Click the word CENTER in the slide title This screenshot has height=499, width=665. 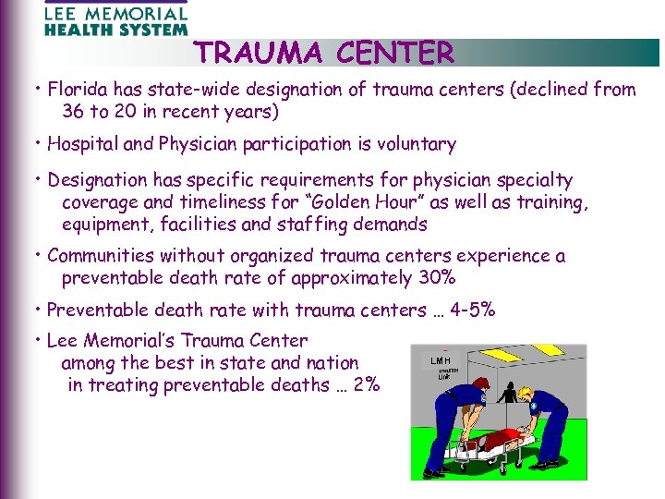tap(395, 54)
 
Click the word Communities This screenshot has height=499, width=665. tap(101, 256)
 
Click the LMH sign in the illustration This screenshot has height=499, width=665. tap(441, 359)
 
